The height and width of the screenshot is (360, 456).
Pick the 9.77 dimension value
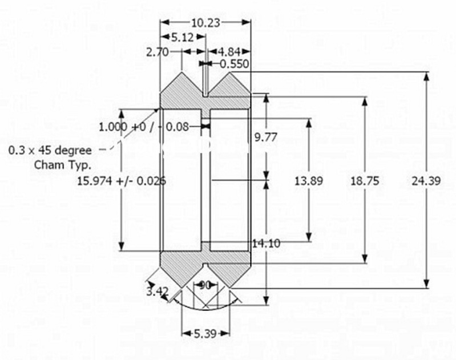point(266,137)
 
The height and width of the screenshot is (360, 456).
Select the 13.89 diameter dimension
point(309,181)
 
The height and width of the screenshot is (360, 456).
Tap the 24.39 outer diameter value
point(425,181)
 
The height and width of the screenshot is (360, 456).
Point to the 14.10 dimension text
point(266,244)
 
